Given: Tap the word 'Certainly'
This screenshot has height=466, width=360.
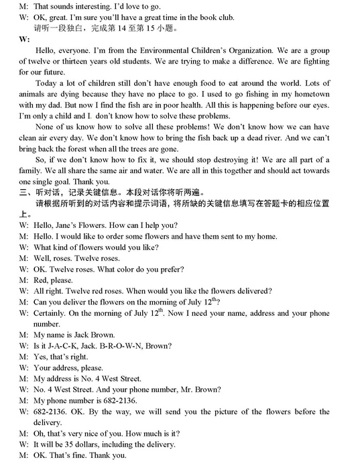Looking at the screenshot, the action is (50, 313).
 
